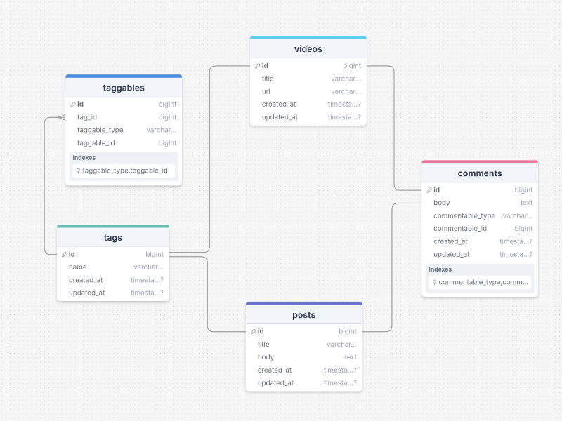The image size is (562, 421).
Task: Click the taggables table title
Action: (124, 88)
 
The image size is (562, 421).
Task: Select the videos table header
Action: (308, 49)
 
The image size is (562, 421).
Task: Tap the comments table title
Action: (480, 173)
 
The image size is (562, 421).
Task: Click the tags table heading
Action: (112, 238)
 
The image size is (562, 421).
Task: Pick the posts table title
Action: (303, 315)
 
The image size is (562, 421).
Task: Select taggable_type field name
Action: (100, 130)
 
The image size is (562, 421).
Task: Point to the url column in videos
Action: (266, 91)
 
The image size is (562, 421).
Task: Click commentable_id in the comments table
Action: (460, 228)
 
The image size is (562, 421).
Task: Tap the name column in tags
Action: (78, 267)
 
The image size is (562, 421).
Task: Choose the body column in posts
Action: (266, 357)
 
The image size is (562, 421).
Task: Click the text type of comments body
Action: (526, 203)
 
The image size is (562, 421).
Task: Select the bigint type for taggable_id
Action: (167, 143)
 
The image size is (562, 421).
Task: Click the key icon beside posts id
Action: (252, 332)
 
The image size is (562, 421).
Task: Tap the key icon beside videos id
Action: (257, 66)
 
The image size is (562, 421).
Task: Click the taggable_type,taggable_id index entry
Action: (124, 171)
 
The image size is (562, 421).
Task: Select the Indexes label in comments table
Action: (440, 269)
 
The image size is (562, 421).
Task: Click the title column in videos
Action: (268, 79)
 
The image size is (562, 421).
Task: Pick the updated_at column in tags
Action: (86, 293)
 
